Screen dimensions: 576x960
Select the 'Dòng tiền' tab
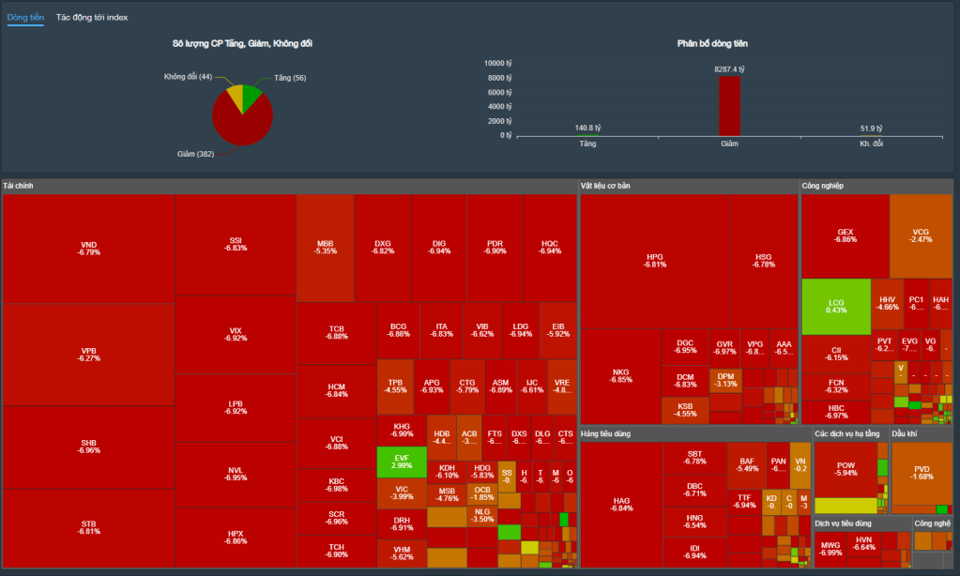(25, 18)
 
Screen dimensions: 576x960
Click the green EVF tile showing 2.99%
(402, 461)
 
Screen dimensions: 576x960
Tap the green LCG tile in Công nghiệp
(836, 306)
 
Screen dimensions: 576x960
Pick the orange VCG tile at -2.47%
(921, 235)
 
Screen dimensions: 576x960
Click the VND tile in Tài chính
(88, 249)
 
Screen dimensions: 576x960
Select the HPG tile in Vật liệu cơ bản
(654, 260)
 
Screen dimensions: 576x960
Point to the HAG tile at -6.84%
(621, 504)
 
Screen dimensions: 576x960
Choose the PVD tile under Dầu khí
(922, 472)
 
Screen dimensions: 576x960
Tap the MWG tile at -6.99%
(830, 548)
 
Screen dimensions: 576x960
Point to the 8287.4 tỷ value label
(729, 69)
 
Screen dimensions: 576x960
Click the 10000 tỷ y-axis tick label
(497, 63)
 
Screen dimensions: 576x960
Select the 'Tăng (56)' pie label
(289, 77)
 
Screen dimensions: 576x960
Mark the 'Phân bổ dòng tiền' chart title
(712, 43)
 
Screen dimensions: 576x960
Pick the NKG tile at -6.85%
(620, 375)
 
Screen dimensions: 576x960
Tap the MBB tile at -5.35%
(325, 248)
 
